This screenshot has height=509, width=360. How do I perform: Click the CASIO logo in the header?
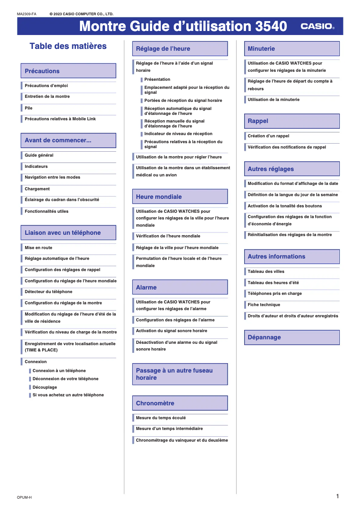[317, 26]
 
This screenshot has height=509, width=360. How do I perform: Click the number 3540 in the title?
[271, 26]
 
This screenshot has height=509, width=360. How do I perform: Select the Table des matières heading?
[68, 46]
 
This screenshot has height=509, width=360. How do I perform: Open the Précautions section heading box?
[68, 71]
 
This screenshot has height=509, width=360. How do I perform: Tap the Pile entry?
[29, 108]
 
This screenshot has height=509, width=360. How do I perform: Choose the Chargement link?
[37, 189]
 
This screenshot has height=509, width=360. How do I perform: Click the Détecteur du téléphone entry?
[48, 292]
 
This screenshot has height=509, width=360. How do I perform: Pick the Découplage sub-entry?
[45, 387]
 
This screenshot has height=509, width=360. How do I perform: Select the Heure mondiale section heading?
[180, 197]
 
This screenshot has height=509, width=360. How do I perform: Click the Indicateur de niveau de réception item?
[178, 134]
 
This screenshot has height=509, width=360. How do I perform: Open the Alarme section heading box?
[180, 287]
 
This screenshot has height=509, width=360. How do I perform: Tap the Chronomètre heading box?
[180, 403]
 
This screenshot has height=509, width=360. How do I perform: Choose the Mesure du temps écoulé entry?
[161, 418]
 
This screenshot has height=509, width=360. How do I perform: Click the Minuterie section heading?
[292, 48]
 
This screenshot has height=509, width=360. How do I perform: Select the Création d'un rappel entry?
[268, 136]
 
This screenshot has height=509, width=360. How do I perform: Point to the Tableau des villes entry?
[266, 272]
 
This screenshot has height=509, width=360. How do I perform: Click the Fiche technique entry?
[264, 305]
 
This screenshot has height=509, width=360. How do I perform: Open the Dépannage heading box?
[292, 337]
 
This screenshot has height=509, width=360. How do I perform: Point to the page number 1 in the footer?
[337, 496]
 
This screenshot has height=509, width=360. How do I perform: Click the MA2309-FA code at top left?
[26, 14]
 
